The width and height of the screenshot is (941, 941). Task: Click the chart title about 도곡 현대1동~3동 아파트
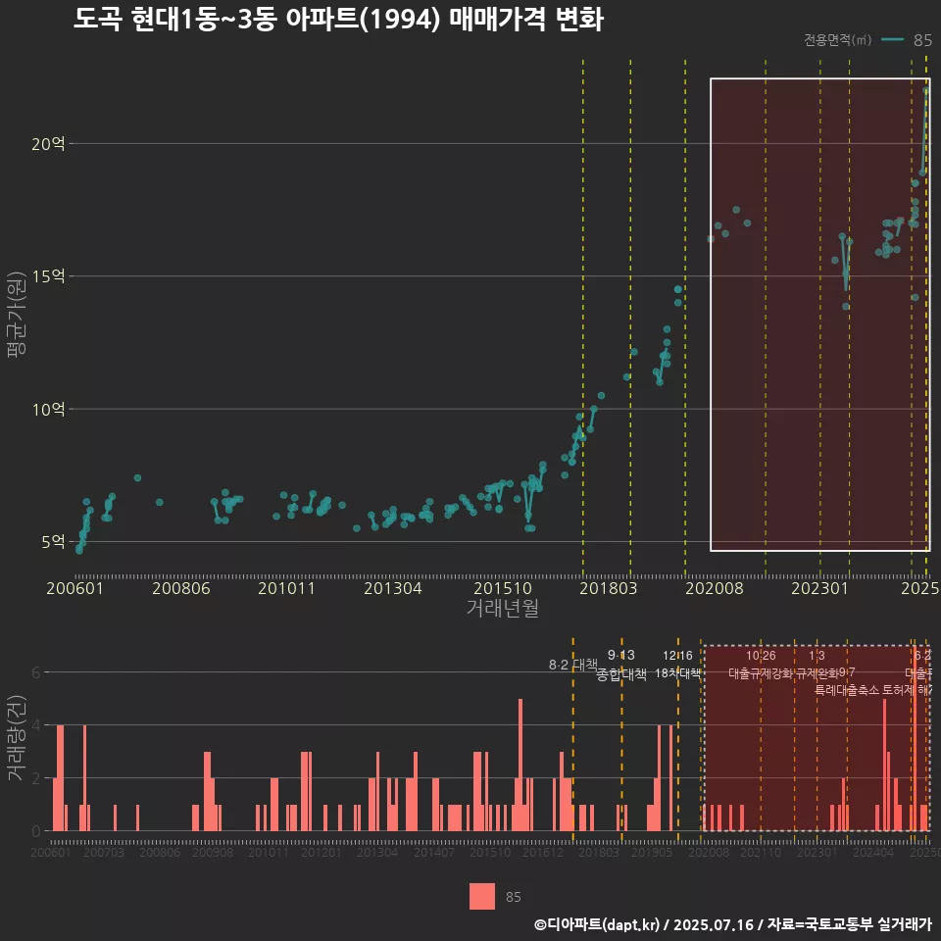tap(338, 20)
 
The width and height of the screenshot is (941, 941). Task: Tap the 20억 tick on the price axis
tap(48, 144)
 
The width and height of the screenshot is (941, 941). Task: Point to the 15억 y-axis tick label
tap(48, 276)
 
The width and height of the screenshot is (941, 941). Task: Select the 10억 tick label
tap(48, 409)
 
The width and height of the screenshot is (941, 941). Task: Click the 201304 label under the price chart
tap(392, 588)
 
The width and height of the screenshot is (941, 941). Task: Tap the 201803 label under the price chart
tap(609, 588)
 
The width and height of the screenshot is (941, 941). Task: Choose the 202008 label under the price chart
tap(714, 588)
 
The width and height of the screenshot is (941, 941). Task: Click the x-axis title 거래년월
tap(502, 609)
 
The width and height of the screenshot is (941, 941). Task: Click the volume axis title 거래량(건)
tap(17, 739)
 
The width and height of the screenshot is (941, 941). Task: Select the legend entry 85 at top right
tap(921, 40)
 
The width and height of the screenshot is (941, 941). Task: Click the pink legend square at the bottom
tap(482, 896)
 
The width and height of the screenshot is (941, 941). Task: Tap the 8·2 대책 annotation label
tap(572, 665)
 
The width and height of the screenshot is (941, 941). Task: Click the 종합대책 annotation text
tap(621, 674)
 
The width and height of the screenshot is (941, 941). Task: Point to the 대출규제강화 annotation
tap(760, 673)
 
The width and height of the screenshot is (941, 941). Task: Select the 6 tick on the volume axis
tap(35, 672)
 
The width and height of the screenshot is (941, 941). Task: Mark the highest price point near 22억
tap(926, 90)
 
